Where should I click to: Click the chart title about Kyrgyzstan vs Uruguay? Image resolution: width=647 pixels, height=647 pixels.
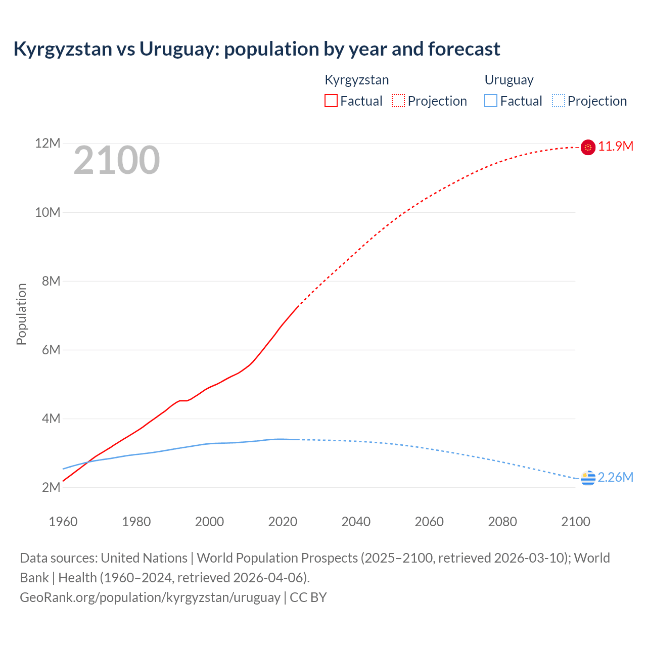pyautogui.click(x=256, y=49)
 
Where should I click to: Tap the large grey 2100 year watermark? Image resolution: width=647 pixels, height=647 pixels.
pyautogui.click(x=117, y=161)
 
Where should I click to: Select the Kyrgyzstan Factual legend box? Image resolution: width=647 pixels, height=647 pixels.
pyautogui.click(x=331, y=101)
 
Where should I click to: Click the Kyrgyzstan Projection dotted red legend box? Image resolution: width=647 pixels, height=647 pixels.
pyautogui.click(x=398, y=101)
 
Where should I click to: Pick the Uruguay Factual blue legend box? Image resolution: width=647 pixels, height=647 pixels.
pyautogui.click(x=491, y=101)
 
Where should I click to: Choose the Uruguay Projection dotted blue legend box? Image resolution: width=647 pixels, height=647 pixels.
pyautogui.click(x=559, y=101)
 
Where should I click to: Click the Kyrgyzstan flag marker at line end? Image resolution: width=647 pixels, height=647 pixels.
pyautogui.click(x=588, y=147)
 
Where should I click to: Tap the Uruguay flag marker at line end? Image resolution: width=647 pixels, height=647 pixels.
pyautogui.click(x=588, y=478)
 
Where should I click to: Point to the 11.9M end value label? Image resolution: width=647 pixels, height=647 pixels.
pyautogui.click(x=616, y=147)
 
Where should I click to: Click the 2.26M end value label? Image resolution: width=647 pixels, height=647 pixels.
pyautogui.click(x=616, y=478)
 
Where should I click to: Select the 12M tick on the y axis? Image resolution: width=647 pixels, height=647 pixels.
pyautogui.click(x=48, y=144)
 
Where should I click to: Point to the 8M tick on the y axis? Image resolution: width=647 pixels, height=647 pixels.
pyautogui.click(x=51, y=281)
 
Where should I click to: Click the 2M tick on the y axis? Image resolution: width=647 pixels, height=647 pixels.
pyautogui.click(x=51, y=487)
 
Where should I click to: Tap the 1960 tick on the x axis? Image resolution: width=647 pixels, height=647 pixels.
pyautogui.click(x=63, y=522)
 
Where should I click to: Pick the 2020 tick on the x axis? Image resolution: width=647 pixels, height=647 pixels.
pyautogui.click(x=283, y=522)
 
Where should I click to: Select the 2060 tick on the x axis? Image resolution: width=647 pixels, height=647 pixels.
pyautogui.click(x=429, y=522)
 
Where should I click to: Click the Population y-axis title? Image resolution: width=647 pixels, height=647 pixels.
pyautogui.click(x=21, y=314)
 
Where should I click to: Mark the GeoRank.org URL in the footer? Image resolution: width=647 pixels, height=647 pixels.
pyautogui.click(x=150, y=597)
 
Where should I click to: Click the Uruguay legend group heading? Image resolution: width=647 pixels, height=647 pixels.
pyautogui.click(x=509, y=80)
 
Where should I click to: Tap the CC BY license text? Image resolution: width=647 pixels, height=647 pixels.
pyautogui.click(x=308, y=597)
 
